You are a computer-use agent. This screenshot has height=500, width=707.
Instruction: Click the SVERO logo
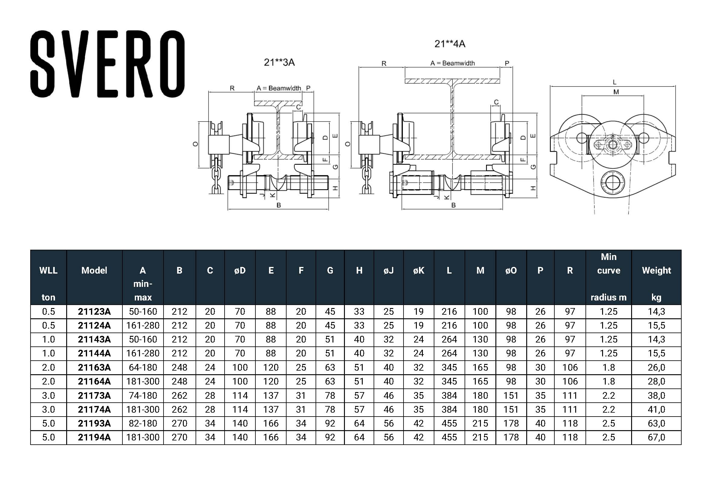coord(108,64)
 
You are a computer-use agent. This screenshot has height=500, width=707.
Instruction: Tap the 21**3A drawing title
coord(279,63)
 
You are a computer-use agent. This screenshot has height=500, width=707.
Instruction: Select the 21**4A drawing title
coord(449,44)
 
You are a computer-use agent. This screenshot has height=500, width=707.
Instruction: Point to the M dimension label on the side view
coord(616,92)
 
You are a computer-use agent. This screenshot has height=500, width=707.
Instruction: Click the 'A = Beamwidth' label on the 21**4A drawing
coord(452,63)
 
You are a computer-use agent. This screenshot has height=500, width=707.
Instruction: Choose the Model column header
coord(94,270)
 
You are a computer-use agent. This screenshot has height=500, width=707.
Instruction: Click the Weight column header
coord(656,270)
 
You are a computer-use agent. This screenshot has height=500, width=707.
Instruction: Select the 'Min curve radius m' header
coord(608,277)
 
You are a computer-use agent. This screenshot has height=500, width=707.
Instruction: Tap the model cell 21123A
coord(94,312)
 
